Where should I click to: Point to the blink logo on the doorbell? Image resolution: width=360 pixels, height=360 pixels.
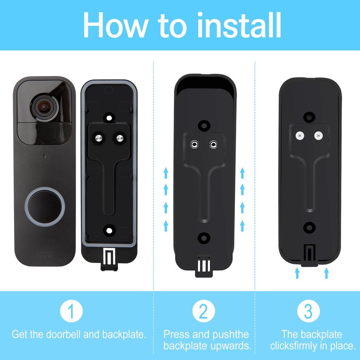45,256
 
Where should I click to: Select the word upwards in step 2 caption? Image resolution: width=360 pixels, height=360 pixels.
230,346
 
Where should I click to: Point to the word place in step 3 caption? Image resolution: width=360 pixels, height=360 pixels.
341,346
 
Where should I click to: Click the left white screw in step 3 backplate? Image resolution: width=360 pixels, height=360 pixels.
300,135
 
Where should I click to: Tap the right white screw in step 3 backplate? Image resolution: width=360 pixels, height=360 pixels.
318,135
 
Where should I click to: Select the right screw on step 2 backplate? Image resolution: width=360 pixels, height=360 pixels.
212,144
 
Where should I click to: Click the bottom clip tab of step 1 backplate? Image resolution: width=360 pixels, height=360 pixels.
109,260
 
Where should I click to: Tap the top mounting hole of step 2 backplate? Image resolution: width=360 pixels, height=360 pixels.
203,124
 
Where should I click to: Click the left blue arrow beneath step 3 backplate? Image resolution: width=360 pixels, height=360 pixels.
297,273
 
